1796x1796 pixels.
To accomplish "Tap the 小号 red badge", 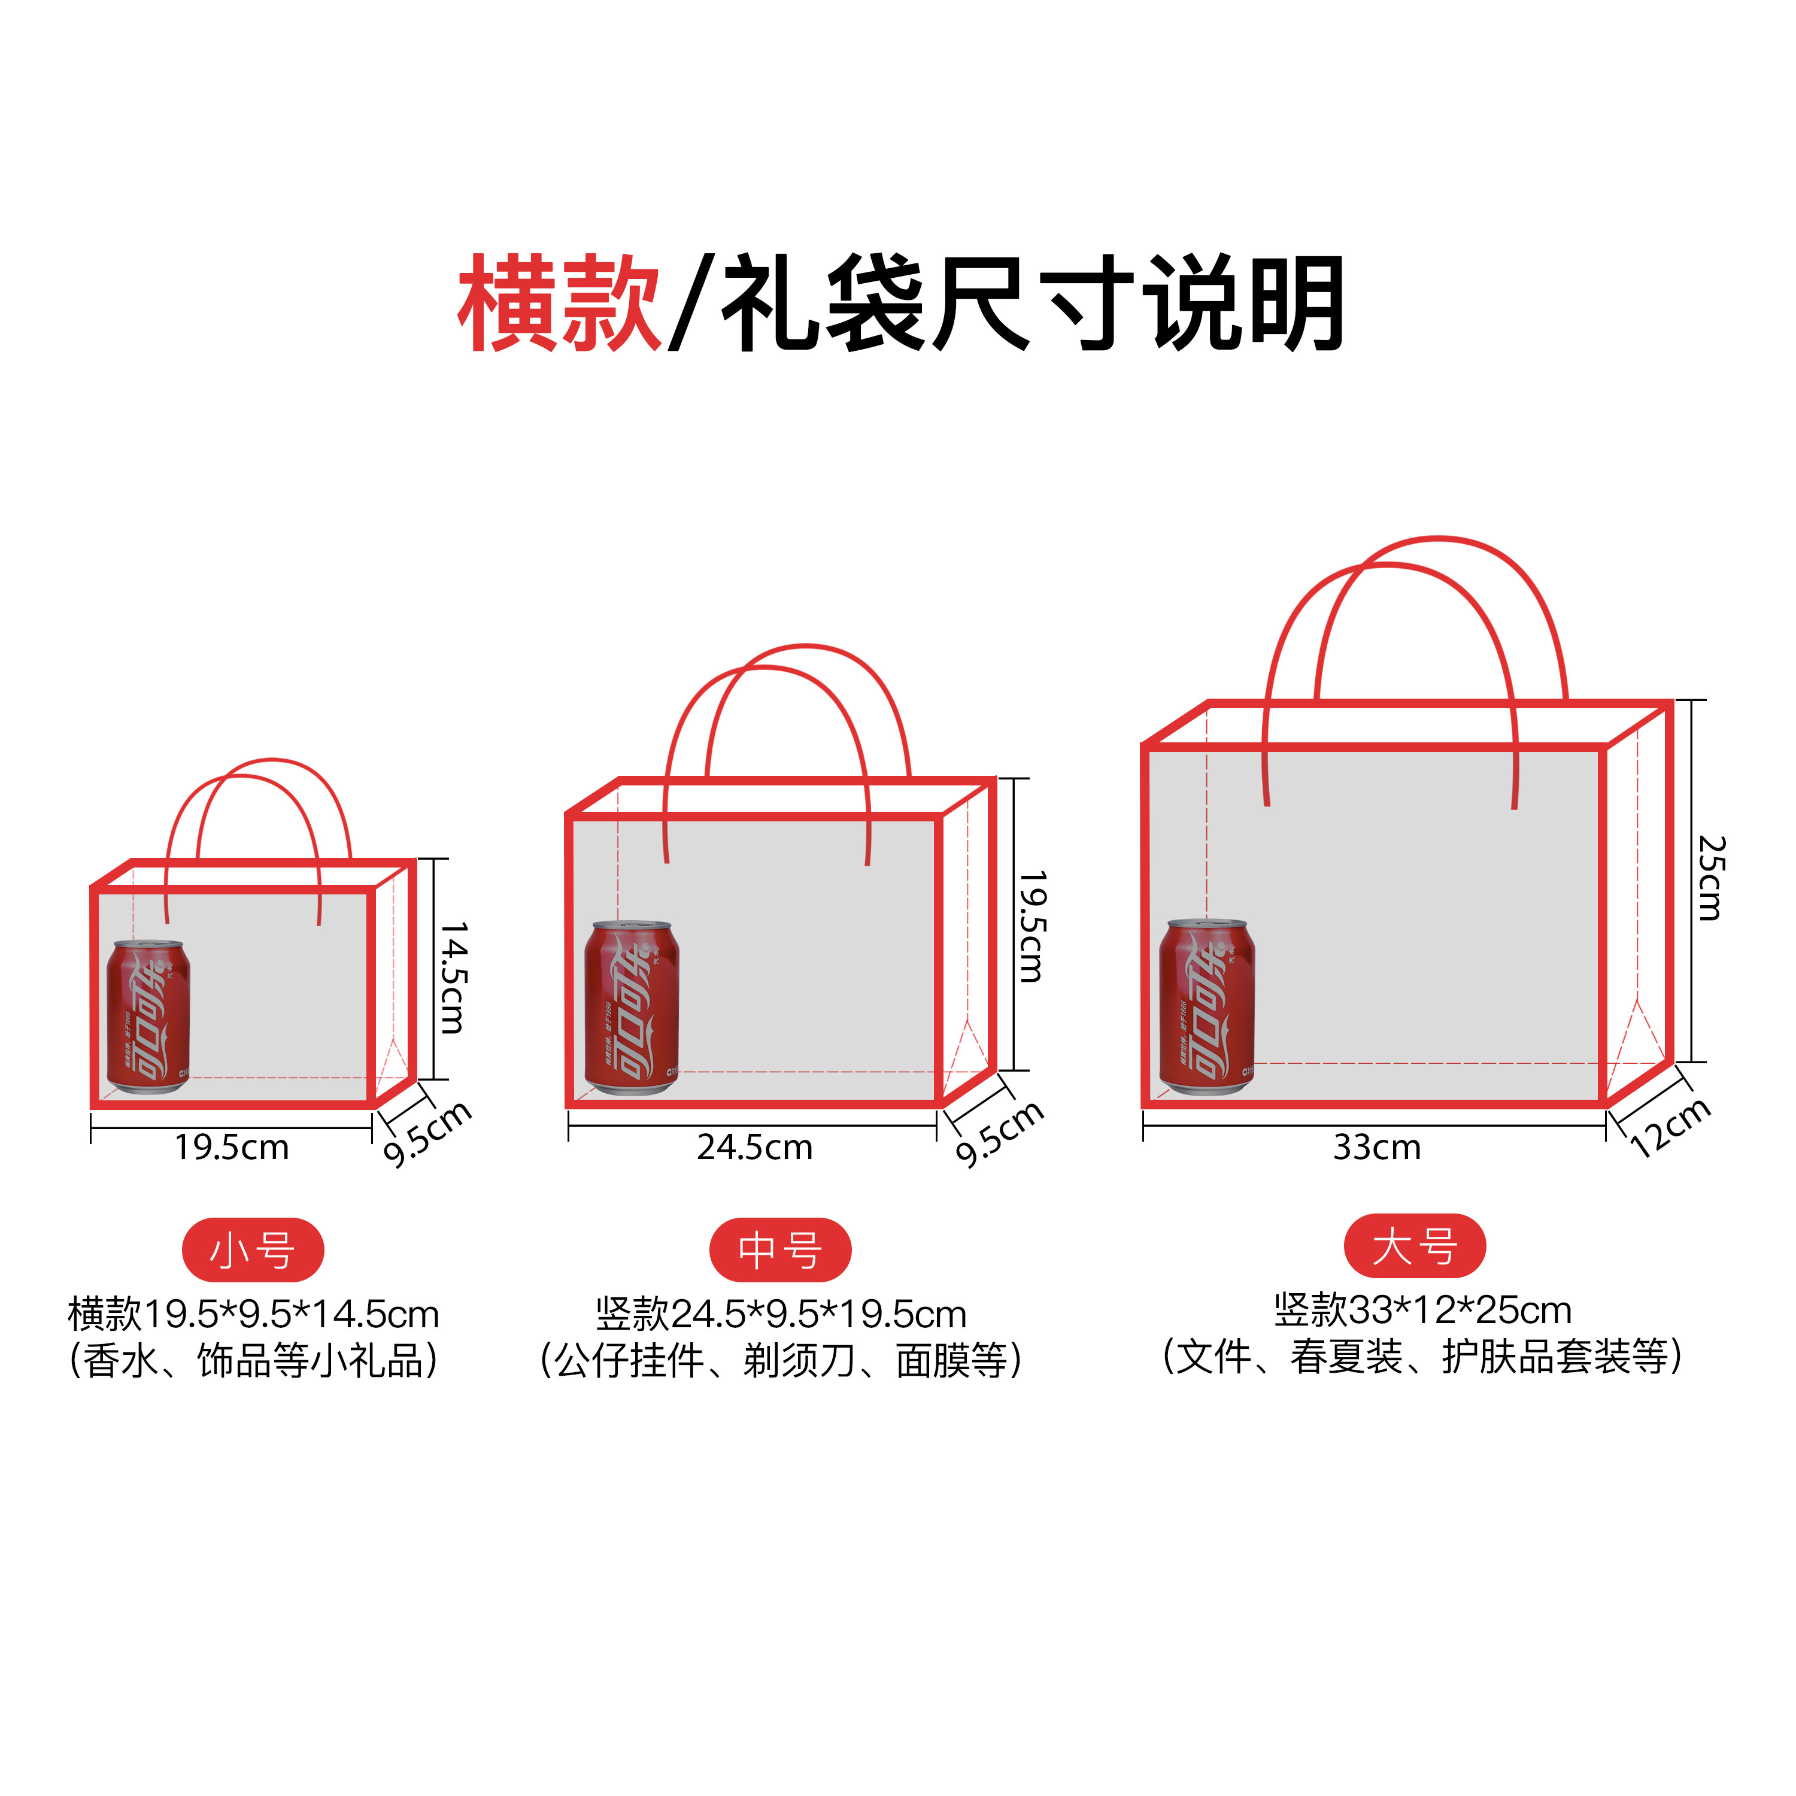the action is (x=253, y=1251).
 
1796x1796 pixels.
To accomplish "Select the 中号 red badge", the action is (x=780, y=1251).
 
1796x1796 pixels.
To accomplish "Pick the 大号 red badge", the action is (x=1414, y=1246).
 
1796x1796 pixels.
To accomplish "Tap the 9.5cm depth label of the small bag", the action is (x=427, y=1133).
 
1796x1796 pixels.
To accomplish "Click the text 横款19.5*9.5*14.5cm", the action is (x=253, y=1313).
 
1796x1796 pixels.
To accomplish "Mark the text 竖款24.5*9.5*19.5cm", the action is (x=781, y=1313).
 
